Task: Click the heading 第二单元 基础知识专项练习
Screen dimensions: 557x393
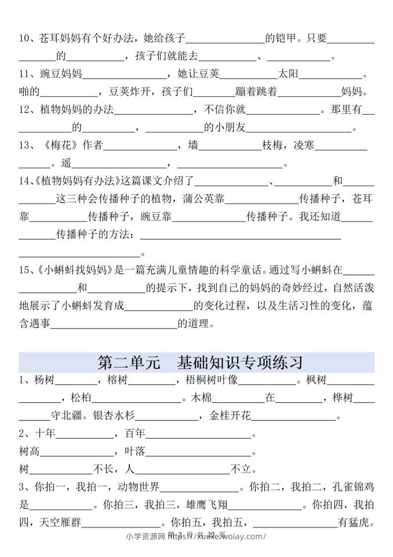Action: click(x=200, y=362)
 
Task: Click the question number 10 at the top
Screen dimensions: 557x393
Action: click(x=25, y=38)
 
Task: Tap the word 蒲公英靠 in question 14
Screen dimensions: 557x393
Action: click(x=204, y=199)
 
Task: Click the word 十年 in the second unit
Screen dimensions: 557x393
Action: click(x=44, y=434)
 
